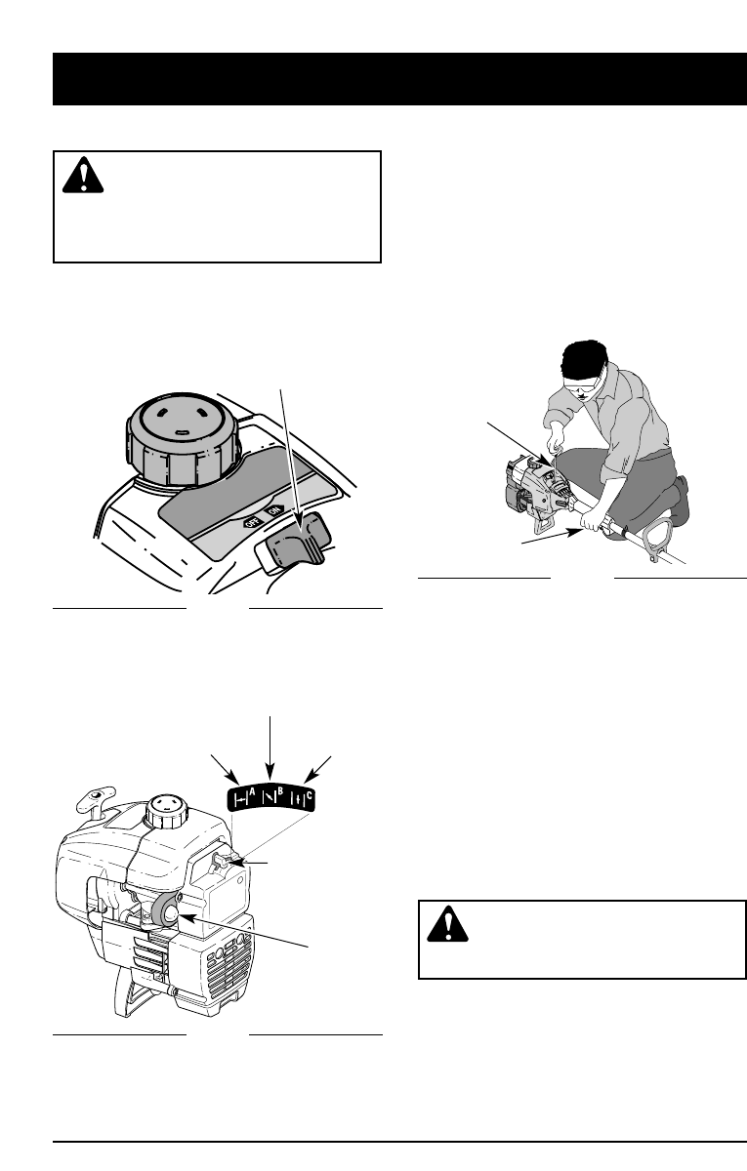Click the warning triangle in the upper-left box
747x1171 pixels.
click(83, 175)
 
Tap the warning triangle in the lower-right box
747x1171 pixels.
click(447, 924)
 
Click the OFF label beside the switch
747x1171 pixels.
click(253, 521)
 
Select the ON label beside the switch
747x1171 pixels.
click(274, 509)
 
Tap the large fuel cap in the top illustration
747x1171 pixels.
click(184, 438)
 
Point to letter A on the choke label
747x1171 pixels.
click(252, 792)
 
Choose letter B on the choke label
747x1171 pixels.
click(280, 791)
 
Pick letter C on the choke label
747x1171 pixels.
click(309, 795)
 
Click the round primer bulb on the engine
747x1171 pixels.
click(167, 912)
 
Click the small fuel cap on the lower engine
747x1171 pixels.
click(166, 811)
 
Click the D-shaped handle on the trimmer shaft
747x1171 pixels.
click(659, 539)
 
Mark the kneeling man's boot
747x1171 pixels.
click(679, 501)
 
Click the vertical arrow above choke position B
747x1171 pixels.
click(270, 748)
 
